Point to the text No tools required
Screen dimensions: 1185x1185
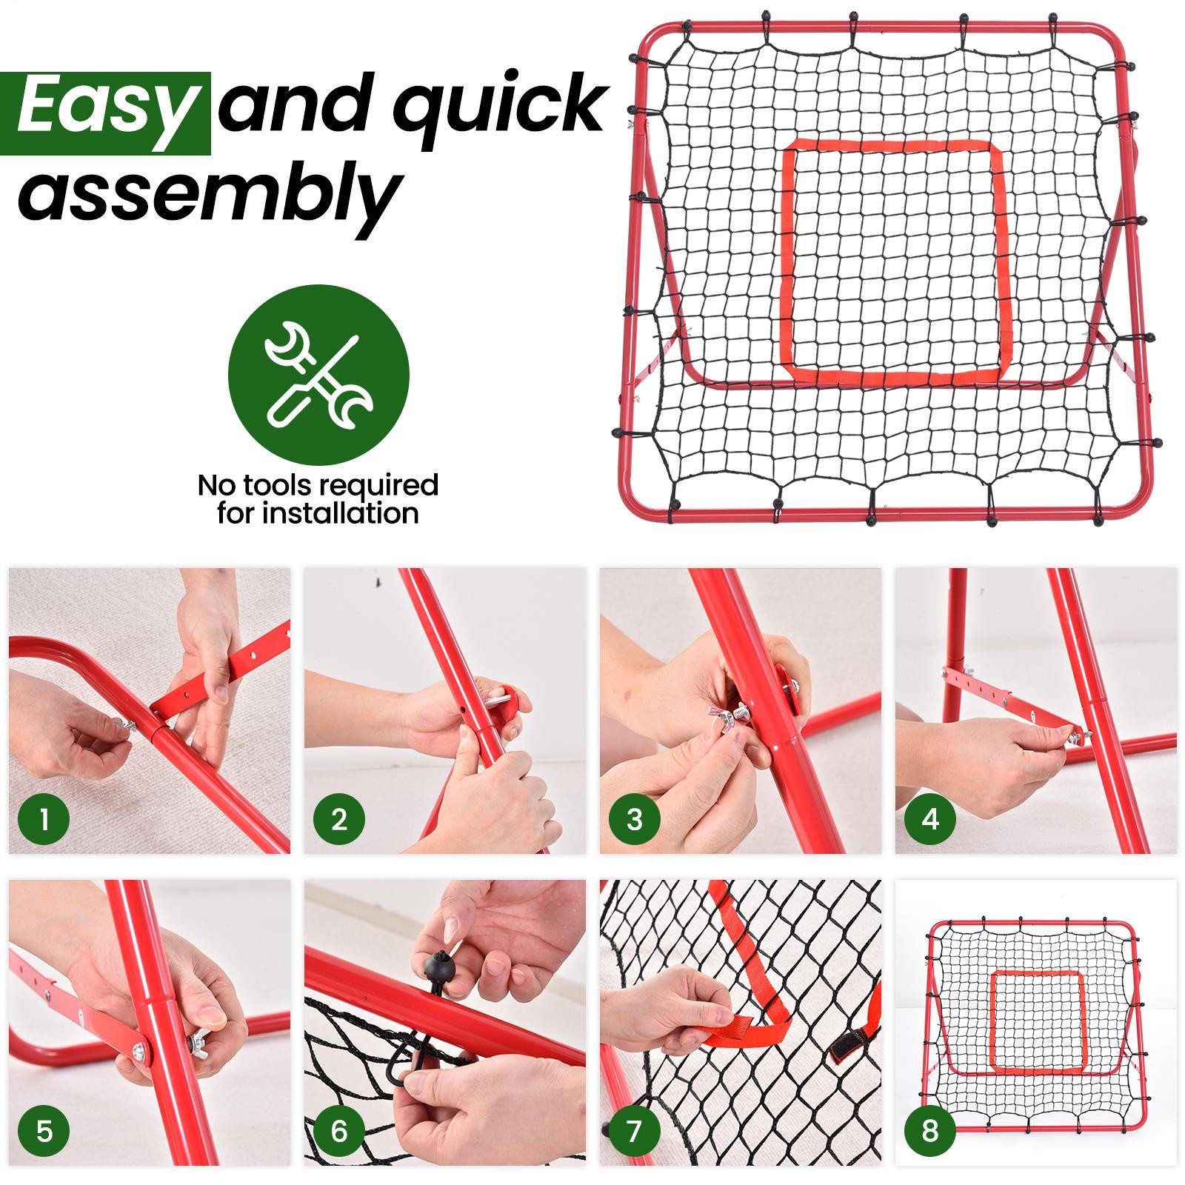tap(318, 485)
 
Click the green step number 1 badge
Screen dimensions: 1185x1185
tap(44, 820)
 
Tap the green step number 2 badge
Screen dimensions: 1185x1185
tap(339, 820)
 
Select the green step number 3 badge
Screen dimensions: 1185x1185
tap(635, 820)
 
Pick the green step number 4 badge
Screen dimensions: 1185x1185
tap(930, 820)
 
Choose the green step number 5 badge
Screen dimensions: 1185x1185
tap(44, 1132)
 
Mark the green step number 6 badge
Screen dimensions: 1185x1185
tap(339, 1132)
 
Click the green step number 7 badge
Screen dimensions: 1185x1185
tap(635, 1132)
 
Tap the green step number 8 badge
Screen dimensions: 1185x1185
tap(930, 1132)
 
